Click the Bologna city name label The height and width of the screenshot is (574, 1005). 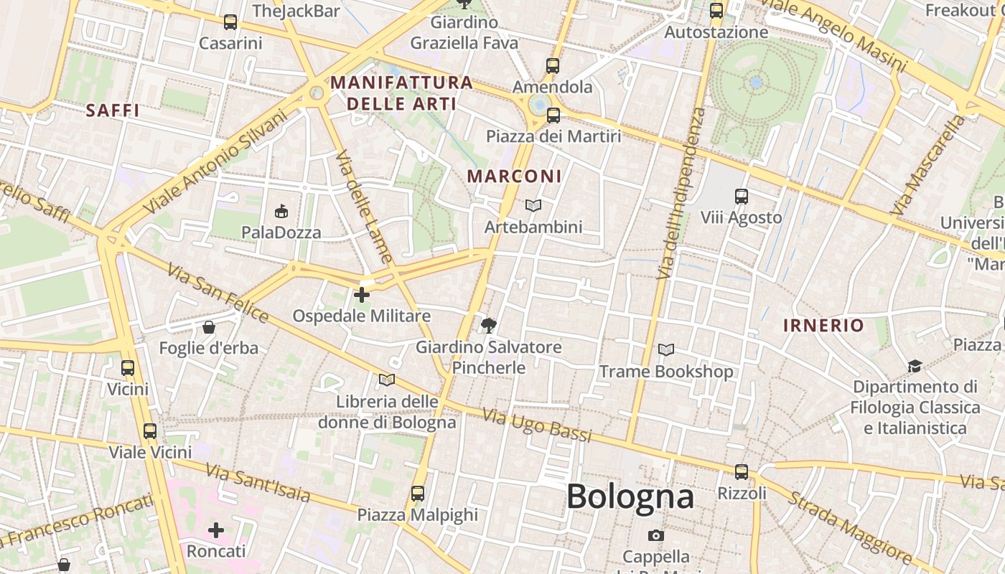coord(630,497)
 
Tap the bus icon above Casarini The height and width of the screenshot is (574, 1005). coord(230,22)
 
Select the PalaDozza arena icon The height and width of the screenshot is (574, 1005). coord(281,212)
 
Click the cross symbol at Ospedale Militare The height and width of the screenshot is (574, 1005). coord(362,294)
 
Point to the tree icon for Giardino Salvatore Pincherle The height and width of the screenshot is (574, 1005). coord(489,326)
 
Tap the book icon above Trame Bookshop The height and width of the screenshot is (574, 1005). coord(666,350)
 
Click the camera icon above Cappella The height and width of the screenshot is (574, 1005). coord(655,535)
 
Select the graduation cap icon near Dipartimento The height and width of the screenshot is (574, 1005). coord(915,366)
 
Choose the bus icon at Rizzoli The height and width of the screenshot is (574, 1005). coord(742,472)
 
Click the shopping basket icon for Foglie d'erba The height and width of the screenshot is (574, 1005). coord(209,328)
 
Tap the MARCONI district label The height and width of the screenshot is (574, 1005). coord(515,176)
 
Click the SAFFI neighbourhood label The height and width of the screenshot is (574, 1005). coord(113,110)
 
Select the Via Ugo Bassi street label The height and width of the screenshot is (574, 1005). coord(537,425)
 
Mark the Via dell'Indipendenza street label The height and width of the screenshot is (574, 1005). coord(676,194)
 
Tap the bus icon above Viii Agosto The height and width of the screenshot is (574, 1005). coord(742,196)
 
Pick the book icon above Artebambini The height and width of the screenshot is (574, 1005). coord(533,206)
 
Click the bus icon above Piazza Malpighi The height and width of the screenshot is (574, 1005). coord(418,494)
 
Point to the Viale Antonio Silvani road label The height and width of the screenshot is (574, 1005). coord(215,162)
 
